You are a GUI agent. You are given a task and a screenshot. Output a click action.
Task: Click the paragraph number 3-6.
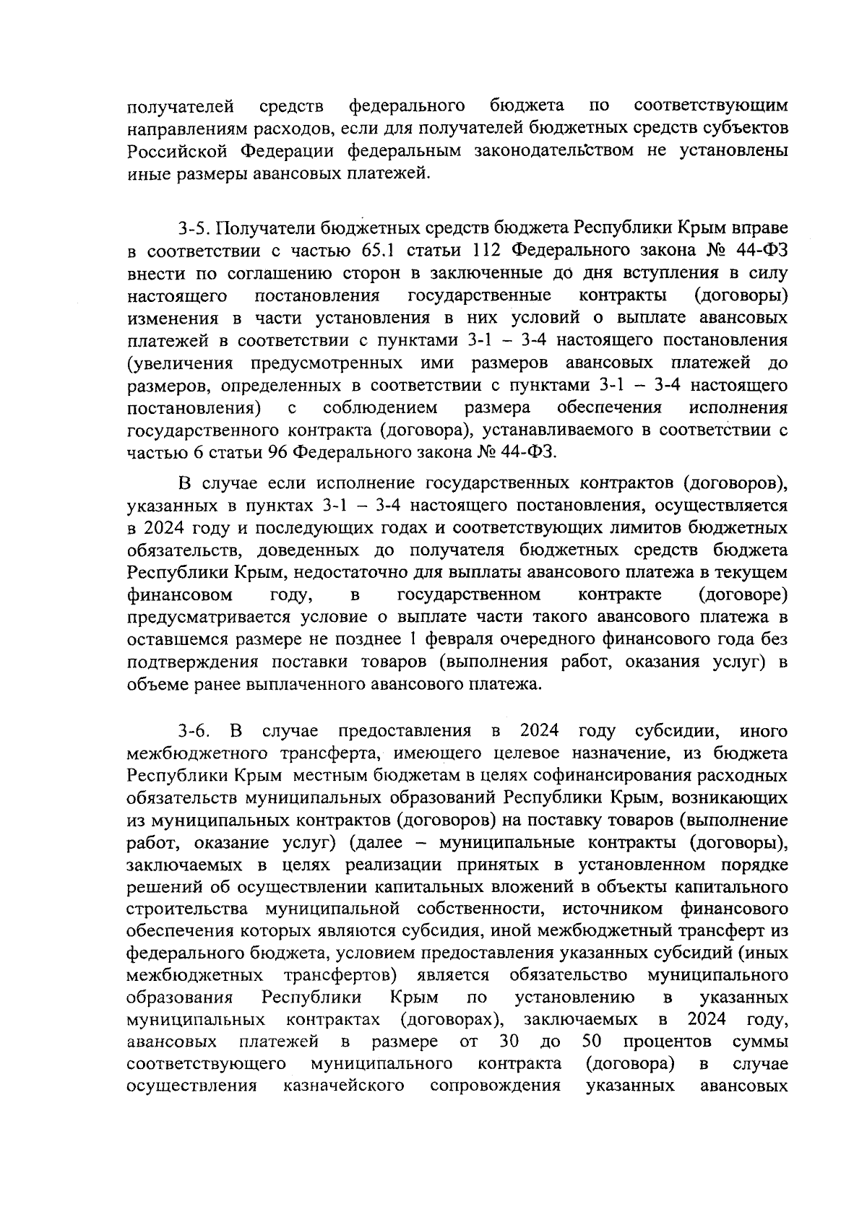pos(194,730)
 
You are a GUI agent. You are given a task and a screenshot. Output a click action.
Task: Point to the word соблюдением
pos(380,407)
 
